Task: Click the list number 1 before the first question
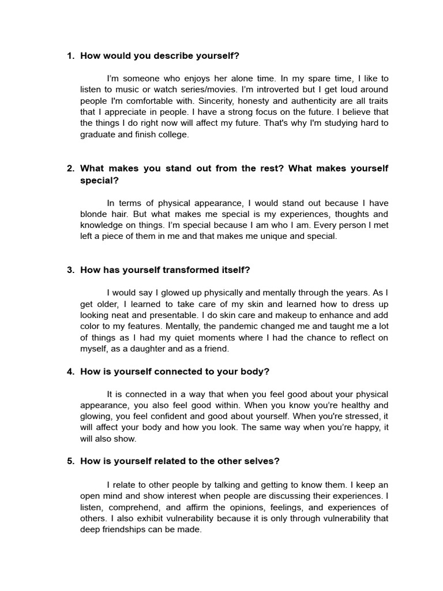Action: (70, 56)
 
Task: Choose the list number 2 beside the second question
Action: (70, 169)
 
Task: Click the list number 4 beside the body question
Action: (70, 371)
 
